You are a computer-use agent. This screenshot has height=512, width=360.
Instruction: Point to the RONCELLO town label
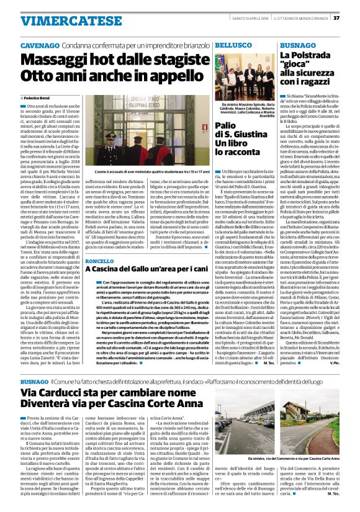point(100,261)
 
